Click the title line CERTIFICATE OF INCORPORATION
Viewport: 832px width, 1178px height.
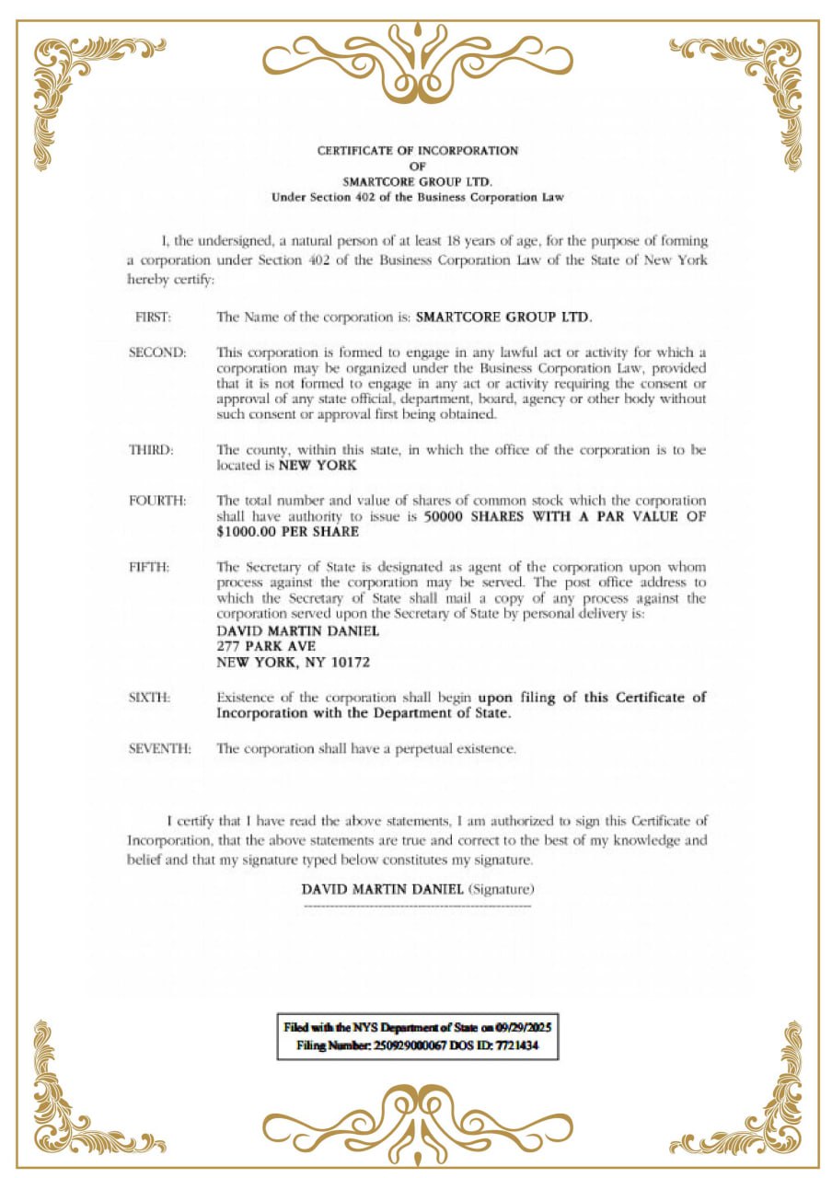[x=418, y=150]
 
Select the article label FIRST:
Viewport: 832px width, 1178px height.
[x=153, y=317]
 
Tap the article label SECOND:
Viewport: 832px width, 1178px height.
[x=157, y=352]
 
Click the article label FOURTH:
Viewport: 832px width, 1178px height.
[x=157, y=501]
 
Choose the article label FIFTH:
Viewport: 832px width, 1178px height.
[x=149, y=567]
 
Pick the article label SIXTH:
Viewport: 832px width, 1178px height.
[x=150, y=698]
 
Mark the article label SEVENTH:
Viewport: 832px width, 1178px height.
[x=160, y=748]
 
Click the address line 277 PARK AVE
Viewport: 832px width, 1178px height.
[x=267, y=647]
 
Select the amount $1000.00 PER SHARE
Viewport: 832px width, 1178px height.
[x=287, y=532]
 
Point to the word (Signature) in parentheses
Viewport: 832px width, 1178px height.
[x=502, y=889]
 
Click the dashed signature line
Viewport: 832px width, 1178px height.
[x=417, y=907]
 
